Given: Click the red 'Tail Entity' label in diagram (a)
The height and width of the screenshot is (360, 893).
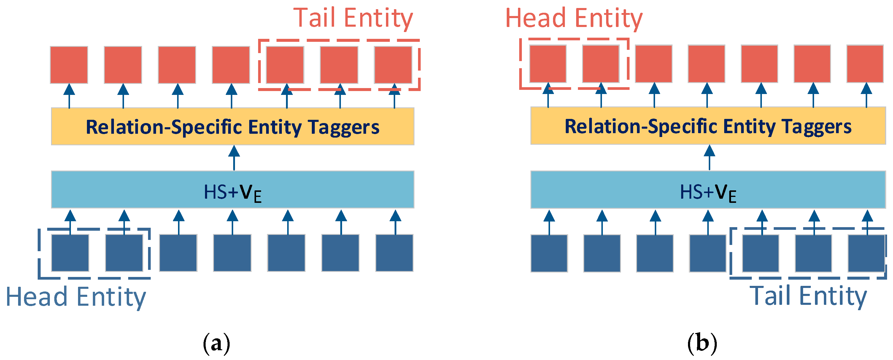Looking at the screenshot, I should (x=353, y=18).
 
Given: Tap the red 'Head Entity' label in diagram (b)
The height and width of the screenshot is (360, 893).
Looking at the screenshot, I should (x=574, y=18).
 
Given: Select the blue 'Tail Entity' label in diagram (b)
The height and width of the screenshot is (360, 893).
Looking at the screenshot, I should (x=808, y=296).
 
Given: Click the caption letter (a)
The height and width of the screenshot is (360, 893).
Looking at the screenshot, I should (x=216, y=343).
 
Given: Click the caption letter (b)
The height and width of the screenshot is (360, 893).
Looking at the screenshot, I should (x=702, y=343).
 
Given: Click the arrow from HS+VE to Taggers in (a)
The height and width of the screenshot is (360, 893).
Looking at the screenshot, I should (x=234, y=158).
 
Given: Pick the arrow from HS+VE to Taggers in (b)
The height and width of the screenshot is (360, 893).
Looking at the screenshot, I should (x=709, y=158).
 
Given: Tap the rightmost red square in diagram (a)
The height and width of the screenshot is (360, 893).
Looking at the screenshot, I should (x=393, y=65).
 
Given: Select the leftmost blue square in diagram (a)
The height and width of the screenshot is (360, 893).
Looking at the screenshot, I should (x=70, y=253).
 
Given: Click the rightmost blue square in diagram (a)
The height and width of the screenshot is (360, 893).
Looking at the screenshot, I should (x=394, y=253).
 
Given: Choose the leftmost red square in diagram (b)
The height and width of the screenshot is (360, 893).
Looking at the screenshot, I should (x=548, y=64).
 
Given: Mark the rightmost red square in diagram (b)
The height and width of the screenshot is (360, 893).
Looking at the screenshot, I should (x=865, y=64).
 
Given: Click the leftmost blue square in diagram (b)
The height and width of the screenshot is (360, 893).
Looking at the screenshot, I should (x=549, y=253).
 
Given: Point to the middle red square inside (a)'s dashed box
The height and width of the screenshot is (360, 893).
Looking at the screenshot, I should (x=339, y=65).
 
